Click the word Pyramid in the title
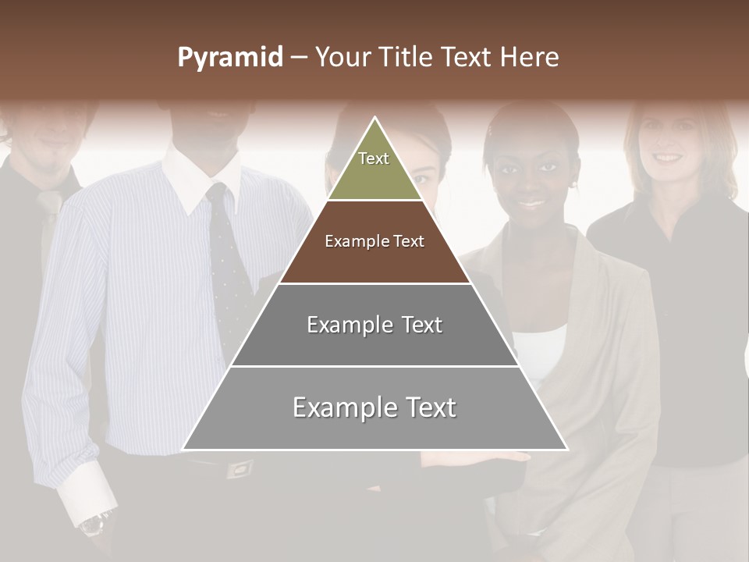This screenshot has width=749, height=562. (230, 58)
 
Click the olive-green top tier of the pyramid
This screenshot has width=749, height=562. (374, 168)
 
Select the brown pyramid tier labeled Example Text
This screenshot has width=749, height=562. (374, 242)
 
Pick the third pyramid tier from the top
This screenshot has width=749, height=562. (374, 325)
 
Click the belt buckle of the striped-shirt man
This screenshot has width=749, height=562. (239, 468)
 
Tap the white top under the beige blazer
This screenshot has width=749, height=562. (542, 351)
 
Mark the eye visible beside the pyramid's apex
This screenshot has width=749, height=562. (422, 177)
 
